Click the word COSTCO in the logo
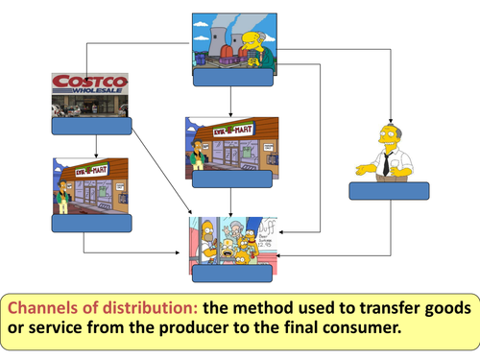pyautogui.click(x=89, y=84)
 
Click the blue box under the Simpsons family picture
pyautogui.click(x=231, y=273)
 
